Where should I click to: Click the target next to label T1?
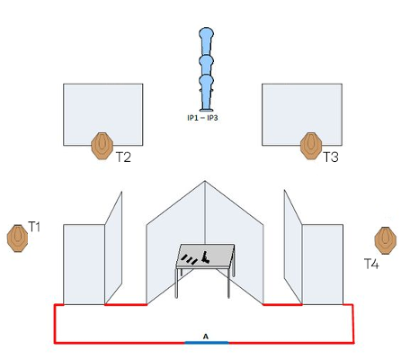tap(18, 238)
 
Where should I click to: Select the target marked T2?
tap(102, 146)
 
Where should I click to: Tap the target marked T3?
tap(311, 146)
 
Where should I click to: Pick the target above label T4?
tap(386, 240)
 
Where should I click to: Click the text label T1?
tap(34, 227)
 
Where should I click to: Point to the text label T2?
tap(123, 157)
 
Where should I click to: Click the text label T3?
tap(331, 157)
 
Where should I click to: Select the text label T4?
tap(371, 264)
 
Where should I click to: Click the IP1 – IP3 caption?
tap(202, 118)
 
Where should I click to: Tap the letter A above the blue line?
tap(206, 337)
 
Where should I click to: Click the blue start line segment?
tap(207, 342)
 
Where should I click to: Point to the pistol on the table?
tap(205, 257)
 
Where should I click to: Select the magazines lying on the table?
tap(190, 259)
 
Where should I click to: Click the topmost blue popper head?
tap(206, 33)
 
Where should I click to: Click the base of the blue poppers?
tap(206, 110)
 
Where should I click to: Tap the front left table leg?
tap(177, 283)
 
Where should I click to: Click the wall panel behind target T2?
tap(102, 114)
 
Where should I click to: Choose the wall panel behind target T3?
tap(302, 114)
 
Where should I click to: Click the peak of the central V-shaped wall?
tap(205, 181)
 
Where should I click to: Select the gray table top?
tap(206, 256)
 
